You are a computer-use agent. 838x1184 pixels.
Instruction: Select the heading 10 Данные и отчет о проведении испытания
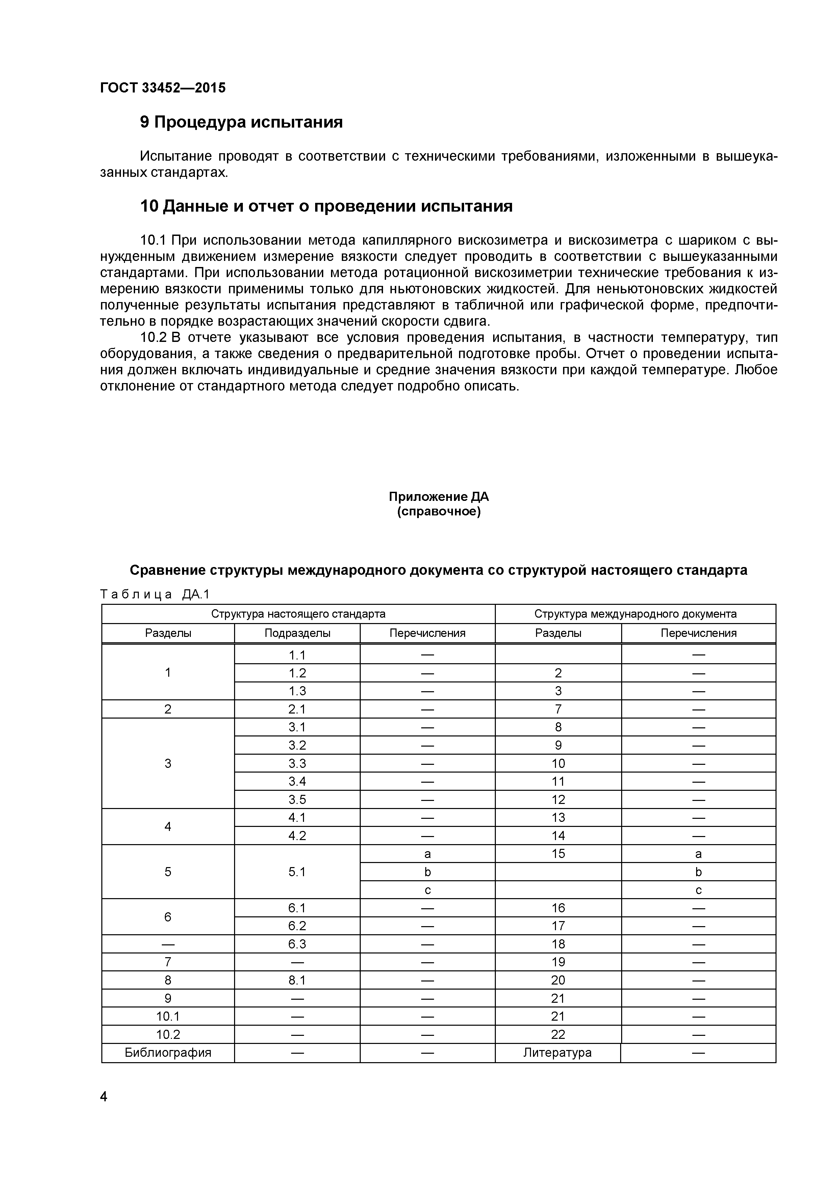pyautogui.click(x=326, y=206)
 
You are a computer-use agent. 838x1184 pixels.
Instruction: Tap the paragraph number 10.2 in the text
pyautogui.click(x=154, y=338)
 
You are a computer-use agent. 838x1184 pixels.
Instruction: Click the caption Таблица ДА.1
pyautogui.click(x=155, y=595)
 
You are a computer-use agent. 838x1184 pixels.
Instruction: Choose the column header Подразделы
pyautogui.click(x=297, y=633)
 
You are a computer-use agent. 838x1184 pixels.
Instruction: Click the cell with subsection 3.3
pyautogui.click(x=297, y=763)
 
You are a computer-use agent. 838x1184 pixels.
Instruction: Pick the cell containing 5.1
pyautogui.click(x=297, y=871)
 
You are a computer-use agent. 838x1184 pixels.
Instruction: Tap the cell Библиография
pyautogui.click(x=168, y=1052)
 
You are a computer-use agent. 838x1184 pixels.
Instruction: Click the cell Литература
pyautogui.click(x=557, y=1052)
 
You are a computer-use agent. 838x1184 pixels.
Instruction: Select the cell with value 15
pyautogui.click(x=558, y=854)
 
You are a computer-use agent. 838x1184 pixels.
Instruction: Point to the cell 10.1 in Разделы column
pyautogui.click(x=168, y=1016)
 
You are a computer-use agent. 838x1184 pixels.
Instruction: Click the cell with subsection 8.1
pyautogui.click(x=297, y=980)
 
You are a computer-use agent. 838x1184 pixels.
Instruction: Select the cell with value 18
pyautogui.click(x=558, y=944)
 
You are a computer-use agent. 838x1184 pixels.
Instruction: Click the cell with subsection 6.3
pyautogui.click(x=297, y=944)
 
